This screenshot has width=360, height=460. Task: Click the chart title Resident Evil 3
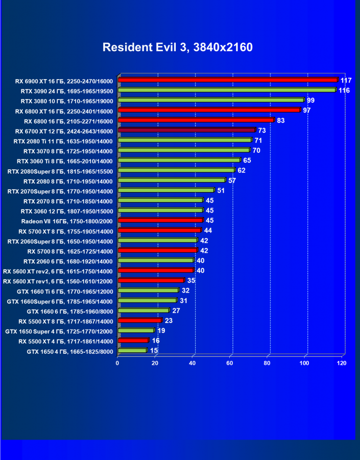177,48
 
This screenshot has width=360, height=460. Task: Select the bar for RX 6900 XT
228,80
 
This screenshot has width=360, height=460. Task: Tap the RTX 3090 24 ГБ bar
227,90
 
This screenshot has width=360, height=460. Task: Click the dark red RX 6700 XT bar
186,130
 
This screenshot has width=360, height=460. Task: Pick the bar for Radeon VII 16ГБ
160,220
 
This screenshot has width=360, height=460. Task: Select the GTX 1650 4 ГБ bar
132,351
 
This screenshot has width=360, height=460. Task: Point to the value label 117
346,80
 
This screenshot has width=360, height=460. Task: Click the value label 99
310,100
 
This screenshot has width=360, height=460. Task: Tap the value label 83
280,121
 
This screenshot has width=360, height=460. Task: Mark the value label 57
232,180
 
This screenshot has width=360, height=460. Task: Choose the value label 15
154,351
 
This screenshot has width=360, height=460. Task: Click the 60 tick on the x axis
230,363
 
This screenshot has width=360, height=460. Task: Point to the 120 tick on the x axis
342,363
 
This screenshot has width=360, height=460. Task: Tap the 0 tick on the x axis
117,363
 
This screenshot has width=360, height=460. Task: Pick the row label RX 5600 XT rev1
58,281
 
